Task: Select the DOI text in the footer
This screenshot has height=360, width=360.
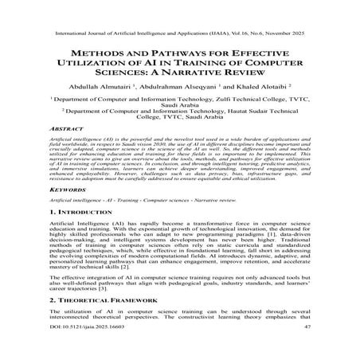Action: [77, 349]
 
